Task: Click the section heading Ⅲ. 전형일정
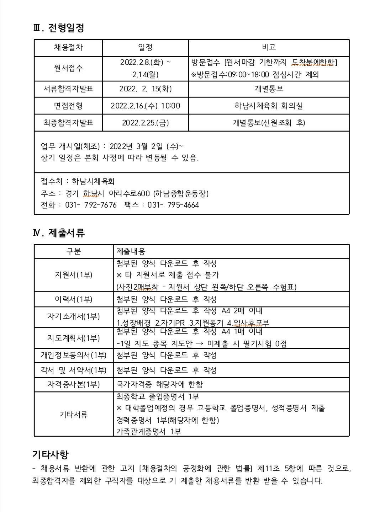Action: pyautogui.click(x=58, y=28)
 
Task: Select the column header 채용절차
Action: pyautogui.click(x=68, y=48)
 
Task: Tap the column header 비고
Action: pyautogui.click(x=269, y=48)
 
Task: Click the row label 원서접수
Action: pyautogui.click(x=68, y=68)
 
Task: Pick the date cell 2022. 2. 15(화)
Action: pyautogui.click(x=145, y=89)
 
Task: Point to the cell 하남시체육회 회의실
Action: pyautogui.click(x=269, y=106)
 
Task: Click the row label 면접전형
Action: pyautogui.click(x=68, y=106)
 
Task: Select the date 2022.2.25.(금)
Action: pyautogui.click(x=145, y=123)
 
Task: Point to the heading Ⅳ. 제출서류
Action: pyautogui.click(x=59, y=233)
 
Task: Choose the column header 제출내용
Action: pyautogui.click(x=131, y=251)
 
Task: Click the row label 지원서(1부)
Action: pyautogui.click(x=74, y=275)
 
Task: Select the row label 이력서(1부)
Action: pyautogui.click(x=74, y=299)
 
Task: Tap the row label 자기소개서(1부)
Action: pyautogui.click(x=74, y=316)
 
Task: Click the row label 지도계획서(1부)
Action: pyautogui.click(x=74, y=338)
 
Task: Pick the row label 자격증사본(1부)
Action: pyautogui.click(x=74, y=384)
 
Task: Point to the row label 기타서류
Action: pyautogui.click(x=74, y=414)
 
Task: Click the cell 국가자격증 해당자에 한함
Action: pyautogui.click(x=160, y=384)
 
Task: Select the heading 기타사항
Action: pyautogui.click(x=50, y=454)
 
